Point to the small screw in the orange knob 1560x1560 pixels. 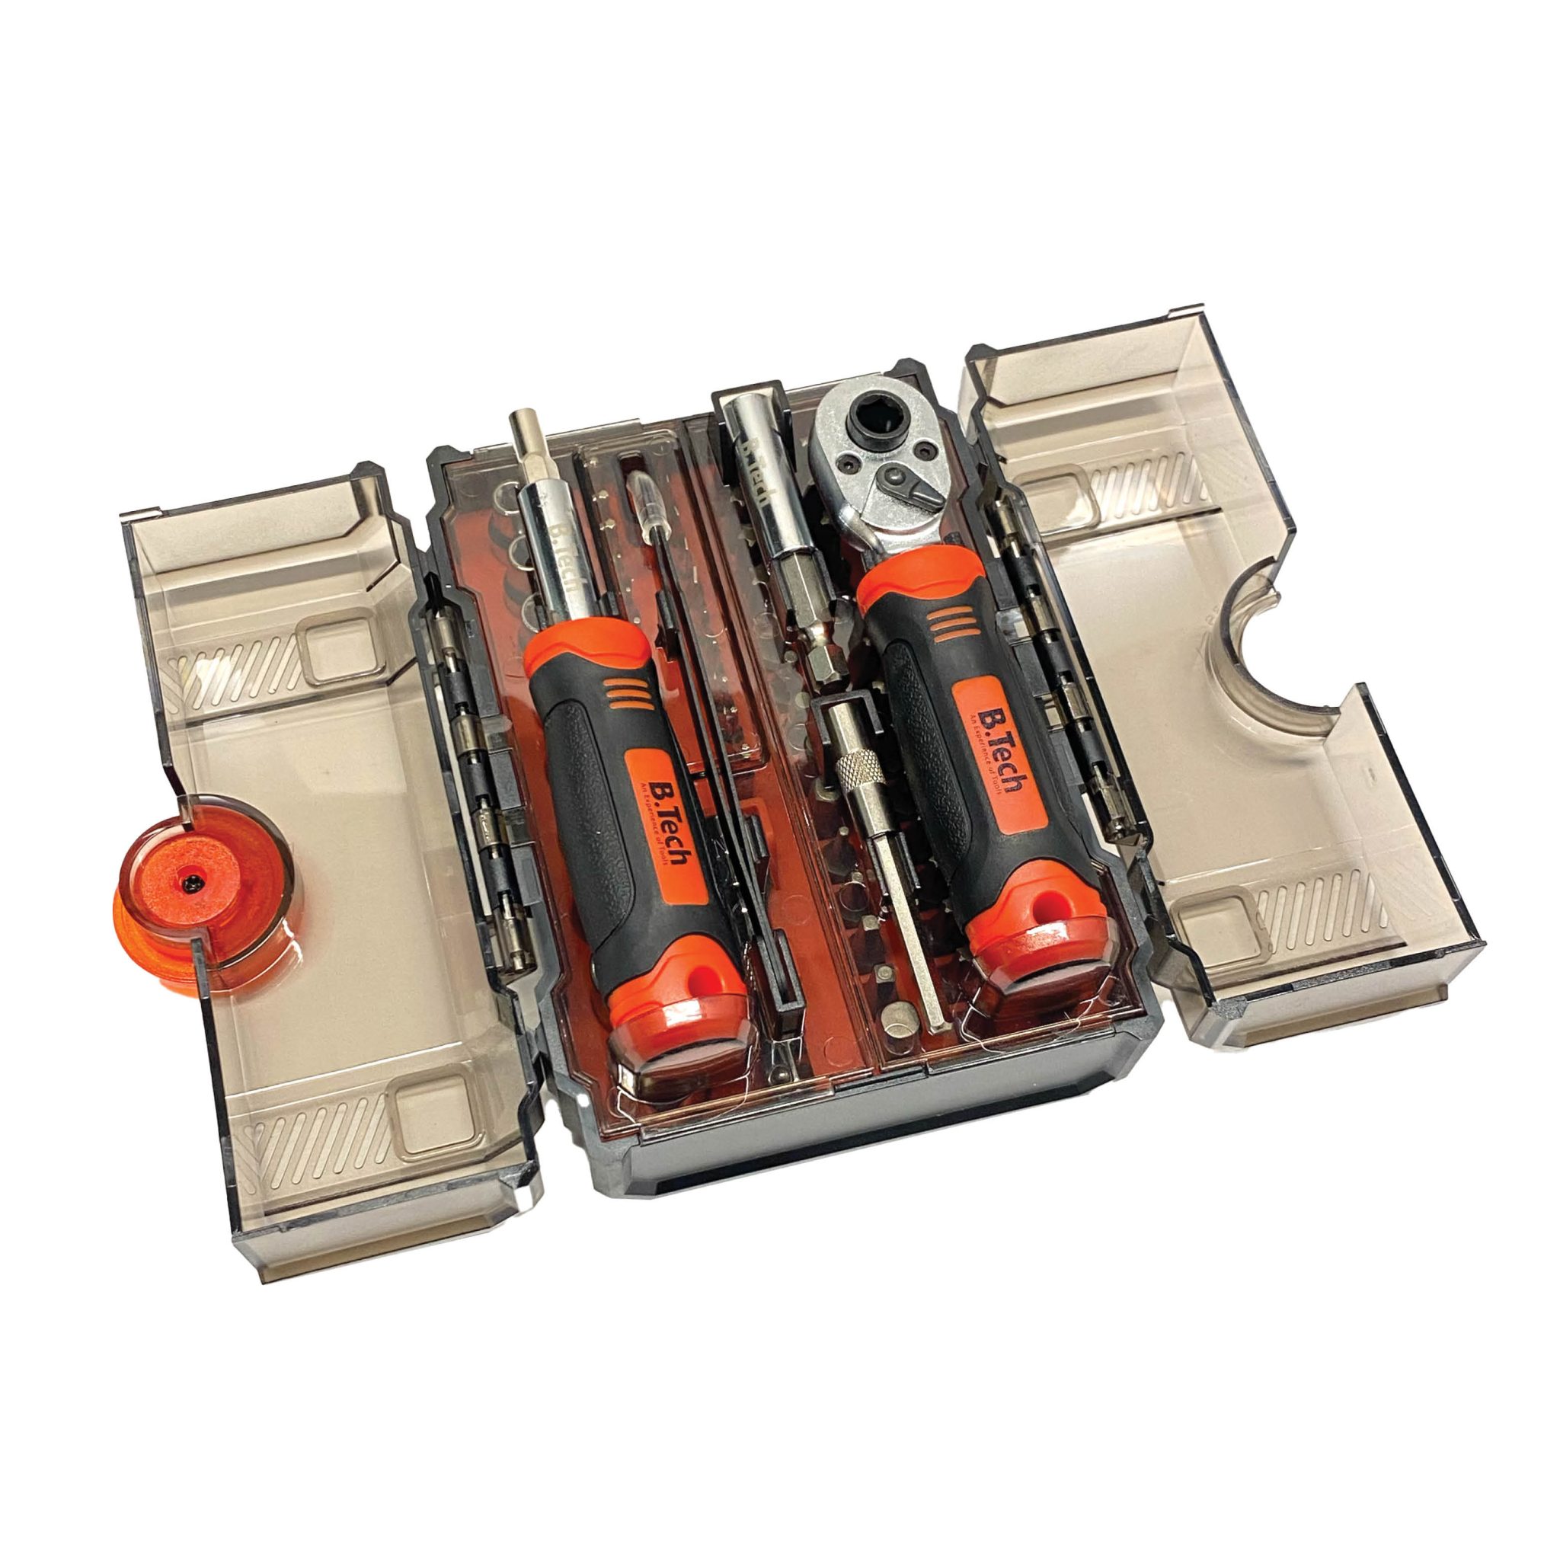click(191, 885)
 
